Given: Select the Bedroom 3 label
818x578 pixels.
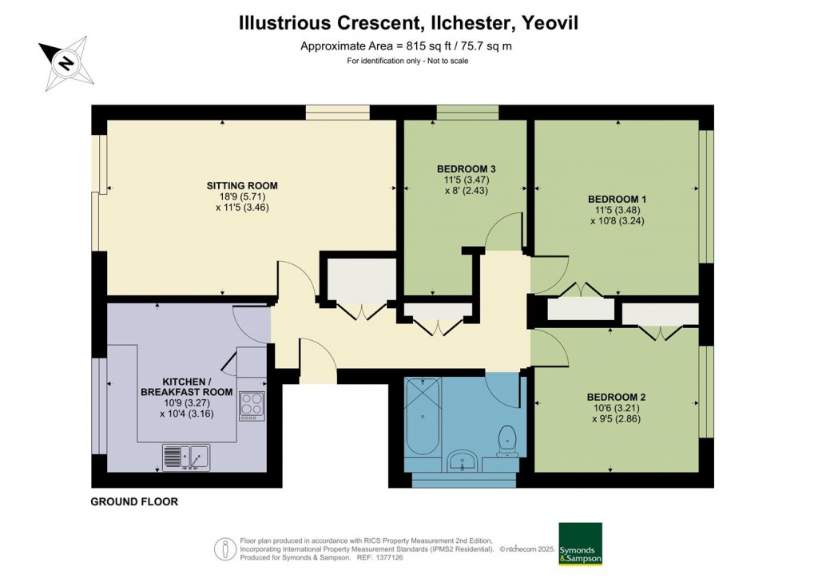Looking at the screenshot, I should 467,168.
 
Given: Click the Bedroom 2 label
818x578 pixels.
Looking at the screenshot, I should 616,397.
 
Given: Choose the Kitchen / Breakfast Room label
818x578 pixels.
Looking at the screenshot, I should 187,387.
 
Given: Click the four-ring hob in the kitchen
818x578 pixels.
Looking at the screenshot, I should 252,406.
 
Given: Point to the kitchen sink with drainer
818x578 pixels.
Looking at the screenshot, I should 186,457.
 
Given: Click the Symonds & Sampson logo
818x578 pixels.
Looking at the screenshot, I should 579,544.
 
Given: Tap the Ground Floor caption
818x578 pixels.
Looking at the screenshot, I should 134,502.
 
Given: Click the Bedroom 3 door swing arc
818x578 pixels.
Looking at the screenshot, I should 504,232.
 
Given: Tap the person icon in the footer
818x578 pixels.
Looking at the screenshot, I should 225,549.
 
